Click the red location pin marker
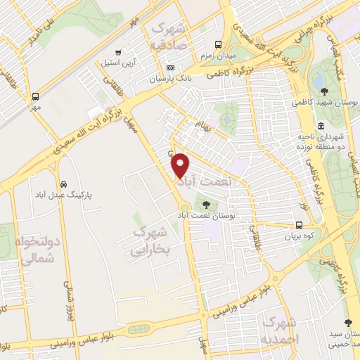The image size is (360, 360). [181, 165]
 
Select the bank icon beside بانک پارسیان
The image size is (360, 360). [170, 67]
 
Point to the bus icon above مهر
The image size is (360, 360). [35, 96]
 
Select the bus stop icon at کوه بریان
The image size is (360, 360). [300, 226]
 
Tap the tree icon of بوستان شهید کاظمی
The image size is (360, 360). [323, 91]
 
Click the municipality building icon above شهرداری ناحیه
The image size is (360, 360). [321, 126]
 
